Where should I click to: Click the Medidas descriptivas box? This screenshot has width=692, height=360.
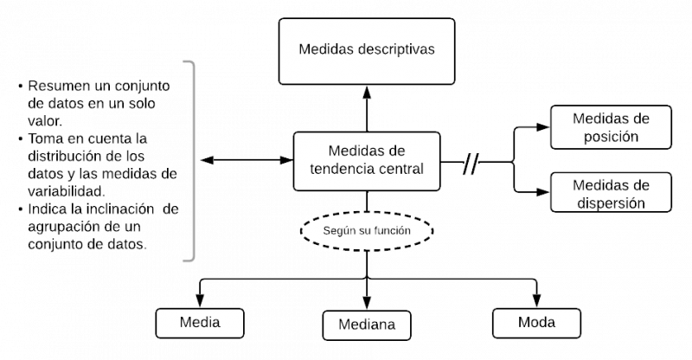tap(367, 51)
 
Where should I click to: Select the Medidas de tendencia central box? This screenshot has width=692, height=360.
tap(367, 160)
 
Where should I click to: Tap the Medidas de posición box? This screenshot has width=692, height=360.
tap(612, 127)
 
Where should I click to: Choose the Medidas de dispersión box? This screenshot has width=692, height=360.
tap(612, 193)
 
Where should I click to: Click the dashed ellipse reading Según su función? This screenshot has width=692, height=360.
tap(367, 232)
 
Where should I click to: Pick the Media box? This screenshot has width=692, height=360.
tap(200, 323)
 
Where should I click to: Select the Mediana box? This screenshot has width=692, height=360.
tap(367, 325)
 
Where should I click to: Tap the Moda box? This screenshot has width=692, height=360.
tap(536, 323)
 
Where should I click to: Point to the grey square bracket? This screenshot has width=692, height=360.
tap(191, 160)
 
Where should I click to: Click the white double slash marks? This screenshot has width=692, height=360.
tap(471, 164)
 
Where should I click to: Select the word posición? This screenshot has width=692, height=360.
tap(612, 137)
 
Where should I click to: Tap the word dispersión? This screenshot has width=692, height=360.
tap(612, 202)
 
